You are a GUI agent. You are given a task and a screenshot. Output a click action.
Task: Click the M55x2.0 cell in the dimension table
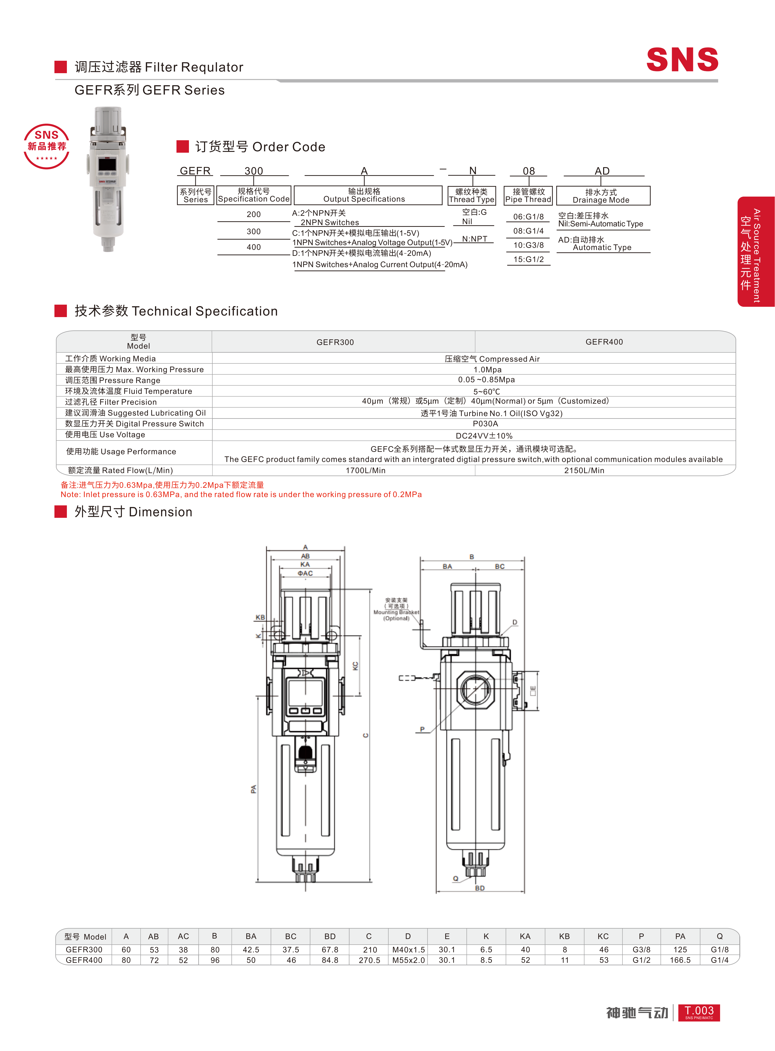pos(408,960)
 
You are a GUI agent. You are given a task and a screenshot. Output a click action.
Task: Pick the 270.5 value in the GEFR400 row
pos(369,960)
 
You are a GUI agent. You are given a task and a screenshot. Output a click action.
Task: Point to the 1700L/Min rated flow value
pos(365,470)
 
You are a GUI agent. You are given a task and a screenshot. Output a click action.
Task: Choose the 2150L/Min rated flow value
pos(584,470)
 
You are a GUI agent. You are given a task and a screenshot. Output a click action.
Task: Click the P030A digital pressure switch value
pos(485,424)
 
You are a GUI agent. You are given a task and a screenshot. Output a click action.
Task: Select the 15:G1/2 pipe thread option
pos(528,259)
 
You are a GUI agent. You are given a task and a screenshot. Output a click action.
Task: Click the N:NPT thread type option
pos(474,239)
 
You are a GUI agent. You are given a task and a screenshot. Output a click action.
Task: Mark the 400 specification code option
pos(253,247)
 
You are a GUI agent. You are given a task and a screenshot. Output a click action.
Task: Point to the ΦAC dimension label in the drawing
pos(305,573)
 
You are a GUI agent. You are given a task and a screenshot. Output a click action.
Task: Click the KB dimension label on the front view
pos(260,617)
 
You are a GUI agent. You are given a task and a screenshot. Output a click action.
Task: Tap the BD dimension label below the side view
pos(479,888)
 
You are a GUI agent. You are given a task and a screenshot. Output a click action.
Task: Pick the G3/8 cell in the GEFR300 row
pos(641,949)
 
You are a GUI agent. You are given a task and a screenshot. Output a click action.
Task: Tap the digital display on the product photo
pos(107,164)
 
